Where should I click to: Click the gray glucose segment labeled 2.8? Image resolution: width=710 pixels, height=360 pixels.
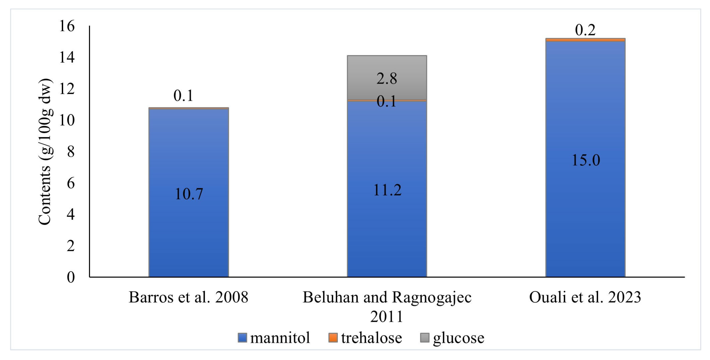pos(387,69)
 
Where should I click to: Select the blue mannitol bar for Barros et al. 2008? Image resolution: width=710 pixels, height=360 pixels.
pos(189,226)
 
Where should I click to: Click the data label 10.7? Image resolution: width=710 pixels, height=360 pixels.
pos(189,194)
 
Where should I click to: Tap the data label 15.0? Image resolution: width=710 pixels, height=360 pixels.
pos(586,160)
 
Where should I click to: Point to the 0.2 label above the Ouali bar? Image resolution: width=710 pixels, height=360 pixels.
pos(585,30)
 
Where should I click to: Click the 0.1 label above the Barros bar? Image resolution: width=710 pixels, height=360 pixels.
pos(183,95)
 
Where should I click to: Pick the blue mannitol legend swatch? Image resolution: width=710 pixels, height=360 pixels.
pos(242,338)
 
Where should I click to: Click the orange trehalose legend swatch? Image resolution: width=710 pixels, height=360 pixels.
pos(333,338)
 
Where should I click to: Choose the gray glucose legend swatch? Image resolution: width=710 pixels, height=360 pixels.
pos(425,338)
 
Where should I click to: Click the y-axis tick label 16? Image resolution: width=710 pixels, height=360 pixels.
pos(67,26)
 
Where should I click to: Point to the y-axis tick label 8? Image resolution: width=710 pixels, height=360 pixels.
pos(71,152)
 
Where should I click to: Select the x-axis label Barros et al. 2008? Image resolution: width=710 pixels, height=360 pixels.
pos(189,297)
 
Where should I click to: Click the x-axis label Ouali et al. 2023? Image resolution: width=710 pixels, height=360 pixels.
pos(585,297)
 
